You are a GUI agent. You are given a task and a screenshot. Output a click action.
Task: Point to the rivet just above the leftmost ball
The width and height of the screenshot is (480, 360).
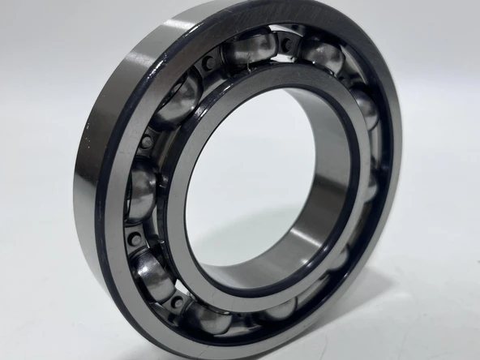[146, 141]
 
